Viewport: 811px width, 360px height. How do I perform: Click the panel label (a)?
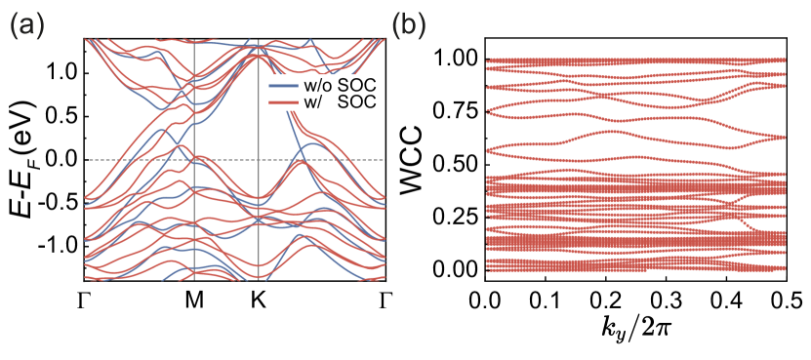click(26, 26)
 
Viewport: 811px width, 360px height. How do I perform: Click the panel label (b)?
click(408, 26)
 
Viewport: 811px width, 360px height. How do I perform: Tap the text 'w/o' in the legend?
click(318, 86)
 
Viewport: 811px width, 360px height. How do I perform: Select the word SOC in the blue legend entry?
click(357, 86)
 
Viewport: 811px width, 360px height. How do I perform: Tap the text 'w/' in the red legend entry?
click(313, 101)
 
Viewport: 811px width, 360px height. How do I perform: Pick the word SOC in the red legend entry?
click(357, 101)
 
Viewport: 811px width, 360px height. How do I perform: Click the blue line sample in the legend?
click(283, 86)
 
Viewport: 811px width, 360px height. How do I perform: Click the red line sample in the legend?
click(283, 101)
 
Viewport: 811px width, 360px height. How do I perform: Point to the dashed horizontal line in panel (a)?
click(127, 159)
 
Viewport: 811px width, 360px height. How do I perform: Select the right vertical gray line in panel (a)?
click(258, 224)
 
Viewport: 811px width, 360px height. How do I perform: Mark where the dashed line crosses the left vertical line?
click(195, 159)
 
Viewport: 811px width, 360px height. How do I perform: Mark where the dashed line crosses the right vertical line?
click(258, 159)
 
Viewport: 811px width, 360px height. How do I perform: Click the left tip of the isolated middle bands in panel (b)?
click(489, 149)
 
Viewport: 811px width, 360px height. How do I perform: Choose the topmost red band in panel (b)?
click(634, 60)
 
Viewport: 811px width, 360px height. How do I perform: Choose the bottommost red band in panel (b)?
click(634, 268)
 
